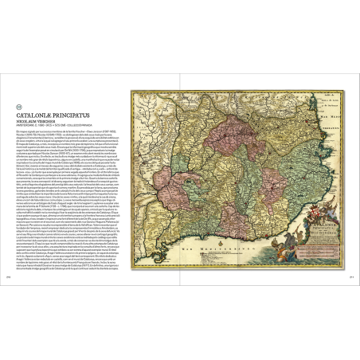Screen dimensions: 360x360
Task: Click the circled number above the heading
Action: point(21,107)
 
